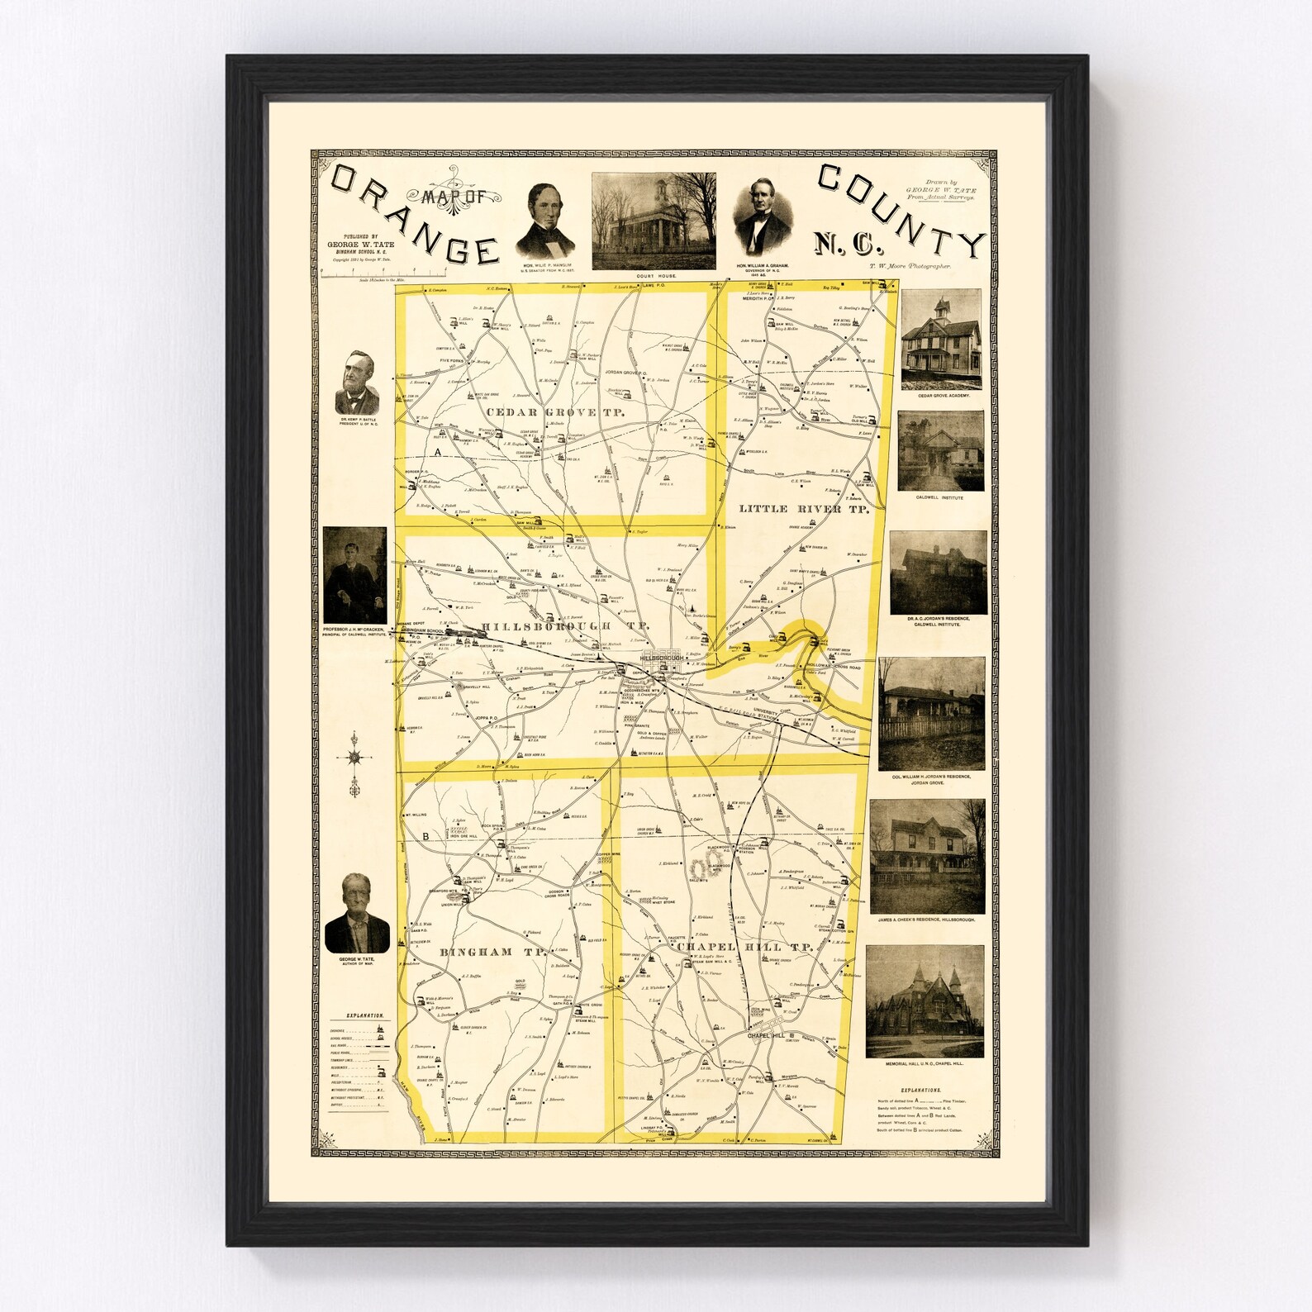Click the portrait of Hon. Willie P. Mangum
pos(545,221)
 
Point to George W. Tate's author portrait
pos(358,913)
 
